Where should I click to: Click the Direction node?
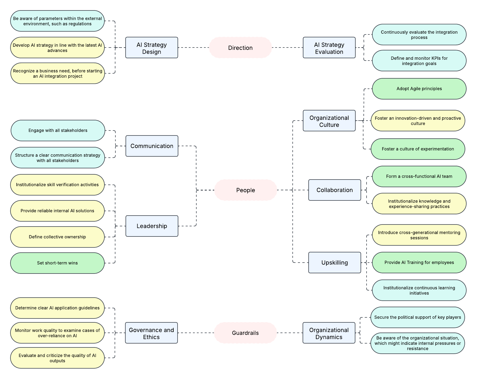[240, 48]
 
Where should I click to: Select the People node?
[245, 190]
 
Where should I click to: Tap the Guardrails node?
[245, 333]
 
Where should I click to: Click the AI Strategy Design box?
[152, 48]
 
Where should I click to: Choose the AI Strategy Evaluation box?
[329, 48]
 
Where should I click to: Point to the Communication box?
[152, 146]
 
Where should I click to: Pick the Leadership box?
[152, 226]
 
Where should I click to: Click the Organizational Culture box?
[329, 121]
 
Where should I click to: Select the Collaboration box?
[335, 190]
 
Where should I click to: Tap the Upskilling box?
[335, 263]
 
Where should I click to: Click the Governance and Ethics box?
[151, 333]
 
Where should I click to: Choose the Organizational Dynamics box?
[329, 333]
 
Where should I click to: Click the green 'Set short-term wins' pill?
[57, 263]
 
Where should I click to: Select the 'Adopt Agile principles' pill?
[419, 89]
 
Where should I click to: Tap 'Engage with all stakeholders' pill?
[58, 131]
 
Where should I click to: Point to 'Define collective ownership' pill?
[57, 237]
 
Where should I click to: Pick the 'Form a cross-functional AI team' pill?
[419, 176]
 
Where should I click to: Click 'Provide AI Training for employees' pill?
[419, 263]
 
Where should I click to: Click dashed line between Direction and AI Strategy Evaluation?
[287, 48]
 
